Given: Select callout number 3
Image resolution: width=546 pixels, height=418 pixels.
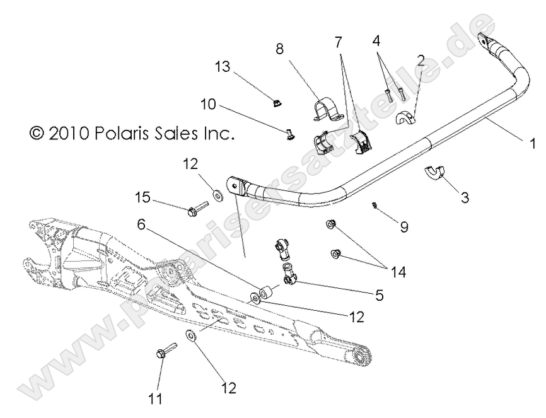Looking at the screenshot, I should click(465, 198).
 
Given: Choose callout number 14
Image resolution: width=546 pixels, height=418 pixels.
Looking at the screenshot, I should click(399, 273).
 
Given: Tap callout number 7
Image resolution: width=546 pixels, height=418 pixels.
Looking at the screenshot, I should click(339, 42).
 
